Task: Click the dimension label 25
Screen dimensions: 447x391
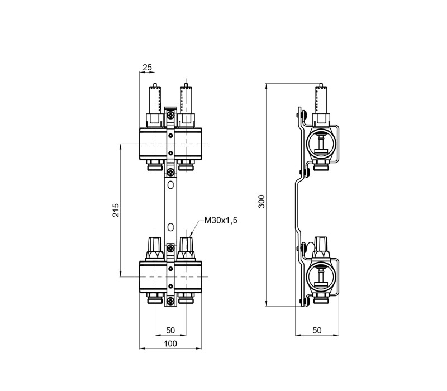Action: tap(148, 67)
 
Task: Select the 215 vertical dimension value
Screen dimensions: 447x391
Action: tap(116, 210)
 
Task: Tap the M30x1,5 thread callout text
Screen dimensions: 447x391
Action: tap(221, 220)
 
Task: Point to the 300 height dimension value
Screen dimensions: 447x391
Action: tap(261, 201)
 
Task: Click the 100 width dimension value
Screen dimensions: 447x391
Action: tap(170, 344)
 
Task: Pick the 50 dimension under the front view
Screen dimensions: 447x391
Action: tap(170, 331)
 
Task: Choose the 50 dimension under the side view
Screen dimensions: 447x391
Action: tap(317, 331)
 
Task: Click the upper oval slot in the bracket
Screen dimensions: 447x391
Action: tap(170, 185)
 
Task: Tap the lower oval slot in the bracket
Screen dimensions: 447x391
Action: tap(170, 227)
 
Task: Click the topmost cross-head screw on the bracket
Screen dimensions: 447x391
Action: tap(171, 116)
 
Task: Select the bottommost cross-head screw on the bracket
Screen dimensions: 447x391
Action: tap(171, 301)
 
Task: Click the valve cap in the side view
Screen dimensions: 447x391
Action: tap(321, 247)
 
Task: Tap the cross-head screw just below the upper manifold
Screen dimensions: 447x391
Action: tap(171, 172)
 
